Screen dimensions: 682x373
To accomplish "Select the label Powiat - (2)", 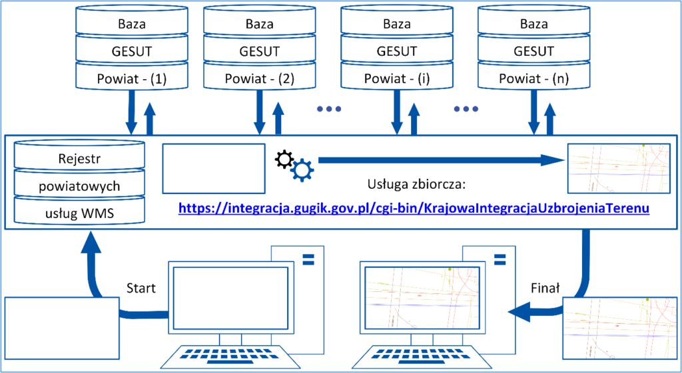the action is [x=260, y=79].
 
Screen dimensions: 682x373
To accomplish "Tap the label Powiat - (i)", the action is [x=396, y=79].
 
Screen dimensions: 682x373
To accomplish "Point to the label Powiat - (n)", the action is [x=533, y=79].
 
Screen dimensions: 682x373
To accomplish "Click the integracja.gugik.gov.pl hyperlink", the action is [x=414, y=208].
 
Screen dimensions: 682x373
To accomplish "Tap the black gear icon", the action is [x=284, y=160].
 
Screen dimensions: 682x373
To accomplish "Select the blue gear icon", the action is [x=302, y=170].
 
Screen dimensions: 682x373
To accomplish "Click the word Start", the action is [x=141, y=288].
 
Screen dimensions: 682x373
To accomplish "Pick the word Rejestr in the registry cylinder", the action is [x=79, y=159].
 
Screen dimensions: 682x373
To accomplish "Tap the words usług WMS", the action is [x=79, y=213].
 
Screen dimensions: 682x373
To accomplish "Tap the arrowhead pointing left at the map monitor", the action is [x=519, y=312].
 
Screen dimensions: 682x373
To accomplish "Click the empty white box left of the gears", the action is [x=214, y=168].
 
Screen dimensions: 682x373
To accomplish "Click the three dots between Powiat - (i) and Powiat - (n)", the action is [x=466, y=109].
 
